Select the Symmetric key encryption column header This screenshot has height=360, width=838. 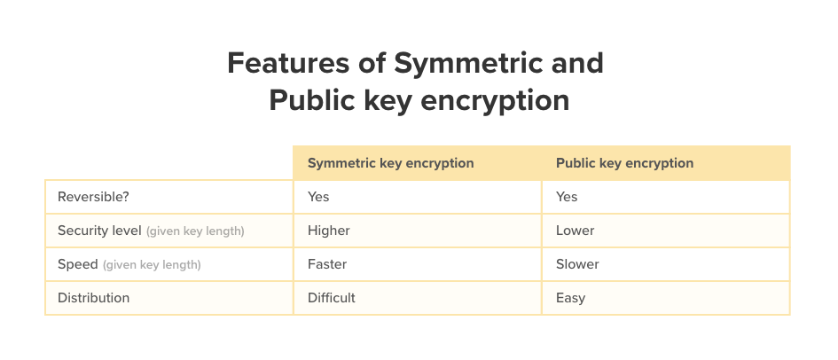[391, 163]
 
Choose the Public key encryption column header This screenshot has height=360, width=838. [625, 163]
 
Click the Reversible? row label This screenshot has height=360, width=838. [93, 197]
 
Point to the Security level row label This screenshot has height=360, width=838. [99, 231]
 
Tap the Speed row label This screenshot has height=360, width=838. [78, 264]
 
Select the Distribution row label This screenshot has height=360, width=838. [93, 298]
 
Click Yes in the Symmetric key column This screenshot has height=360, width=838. [318, 197]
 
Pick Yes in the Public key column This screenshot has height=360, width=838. [567, 197]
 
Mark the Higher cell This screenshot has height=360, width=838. [329, 231]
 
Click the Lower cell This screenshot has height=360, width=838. [575, 231]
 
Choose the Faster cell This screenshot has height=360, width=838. [327, 264]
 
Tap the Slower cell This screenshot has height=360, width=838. [577, 264]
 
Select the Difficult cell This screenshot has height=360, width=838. [332, 298]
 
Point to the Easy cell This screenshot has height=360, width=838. [570, 298]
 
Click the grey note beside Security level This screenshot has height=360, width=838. [195, 231]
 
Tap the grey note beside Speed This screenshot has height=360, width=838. [152, 265]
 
